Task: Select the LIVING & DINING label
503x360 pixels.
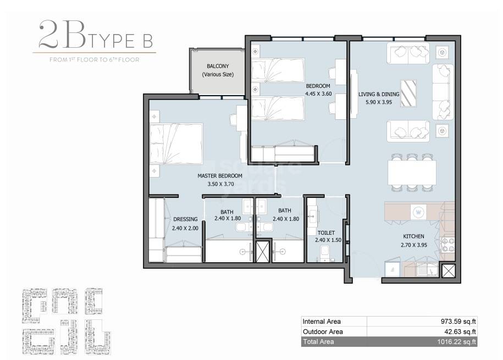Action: click(378, 94)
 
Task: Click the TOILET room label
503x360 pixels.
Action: click(325, 232)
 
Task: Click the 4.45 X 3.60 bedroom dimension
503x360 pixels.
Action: click(318, 94)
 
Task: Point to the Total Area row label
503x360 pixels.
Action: click(318, 342)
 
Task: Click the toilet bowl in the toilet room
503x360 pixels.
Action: click(325, 253)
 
